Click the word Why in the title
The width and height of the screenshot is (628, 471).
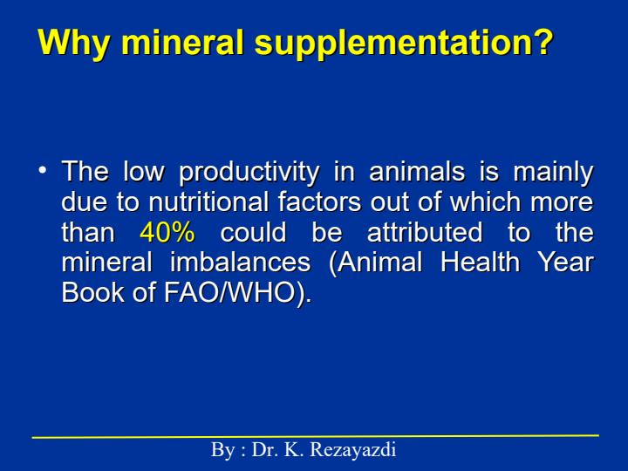coord(73,43)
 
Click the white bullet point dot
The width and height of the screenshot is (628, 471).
coord(42,169)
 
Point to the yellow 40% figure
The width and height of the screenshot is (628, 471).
coord(167,232)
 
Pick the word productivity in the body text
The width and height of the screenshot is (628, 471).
coord(249,173)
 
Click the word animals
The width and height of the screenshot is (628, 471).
coord(417,171)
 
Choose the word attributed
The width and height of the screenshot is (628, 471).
coord(425,232)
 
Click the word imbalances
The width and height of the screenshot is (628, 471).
coord(241,262)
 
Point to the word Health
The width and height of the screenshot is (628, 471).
coord(481,262)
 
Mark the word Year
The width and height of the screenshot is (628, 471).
coord(565,262)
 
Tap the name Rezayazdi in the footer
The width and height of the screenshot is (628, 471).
coord(353,450)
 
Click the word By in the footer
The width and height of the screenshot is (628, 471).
coord(222,450)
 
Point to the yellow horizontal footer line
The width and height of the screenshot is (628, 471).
coord(316,437)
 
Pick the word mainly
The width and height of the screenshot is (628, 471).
coord(553,173)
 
